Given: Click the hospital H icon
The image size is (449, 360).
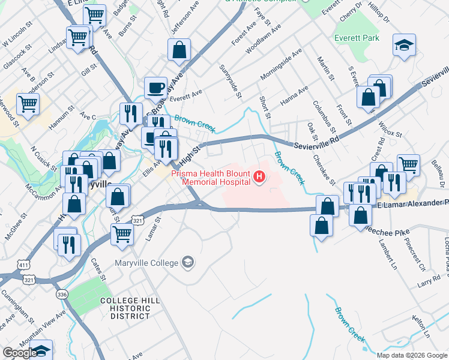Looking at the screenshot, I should point(259,176).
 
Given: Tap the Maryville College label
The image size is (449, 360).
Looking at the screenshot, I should point(147,263).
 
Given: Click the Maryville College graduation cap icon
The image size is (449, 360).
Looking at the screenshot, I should point(188,262).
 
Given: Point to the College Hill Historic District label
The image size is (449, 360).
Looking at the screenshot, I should point(125,308).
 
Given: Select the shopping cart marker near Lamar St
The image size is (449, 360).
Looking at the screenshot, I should point(122,234).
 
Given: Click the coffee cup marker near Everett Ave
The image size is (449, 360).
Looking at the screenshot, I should point(155,88).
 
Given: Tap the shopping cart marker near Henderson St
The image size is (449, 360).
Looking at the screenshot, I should point(28,104).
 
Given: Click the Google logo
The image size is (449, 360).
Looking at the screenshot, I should point(20,353).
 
